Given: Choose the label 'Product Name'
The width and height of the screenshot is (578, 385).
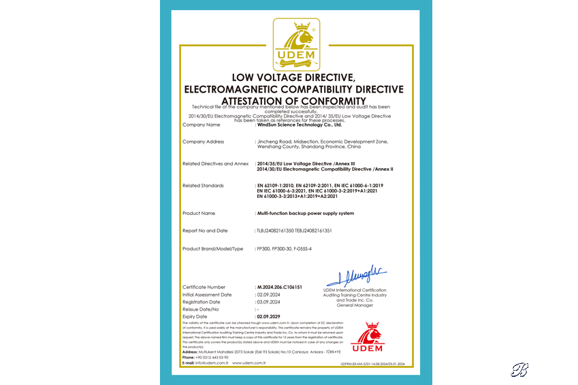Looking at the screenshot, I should click(x=199, y=214).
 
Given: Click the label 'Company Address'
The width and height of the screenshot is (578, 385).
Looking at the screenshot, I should click(x=204, y=141).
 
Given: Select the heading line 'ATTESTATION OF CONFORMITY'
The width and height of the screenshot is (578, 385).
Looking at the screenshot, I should click(x=293, y=101).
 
